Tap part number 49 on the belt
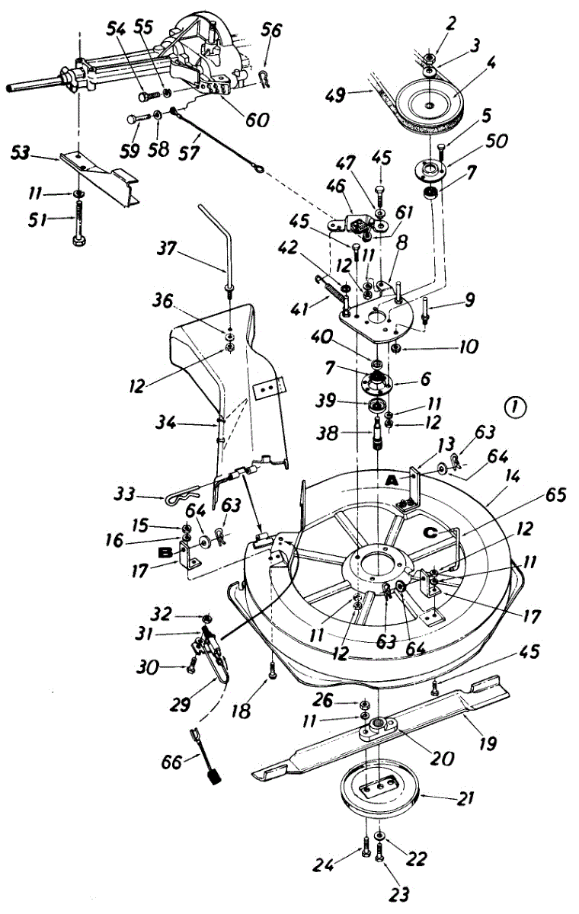pyautogui.click(x=355, y=94)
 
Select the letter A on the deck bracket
pyautogui.click(x=391, y=481)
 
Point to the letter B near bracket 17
pyautogui.click(x=164, y=551)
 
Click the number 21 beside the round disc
pyautogui.click(x=466, y=799)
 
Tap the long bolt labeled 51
pyautogui.click(x=78, y=228)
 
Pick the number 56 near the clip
pyautogui.click(x=270, y=31)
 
